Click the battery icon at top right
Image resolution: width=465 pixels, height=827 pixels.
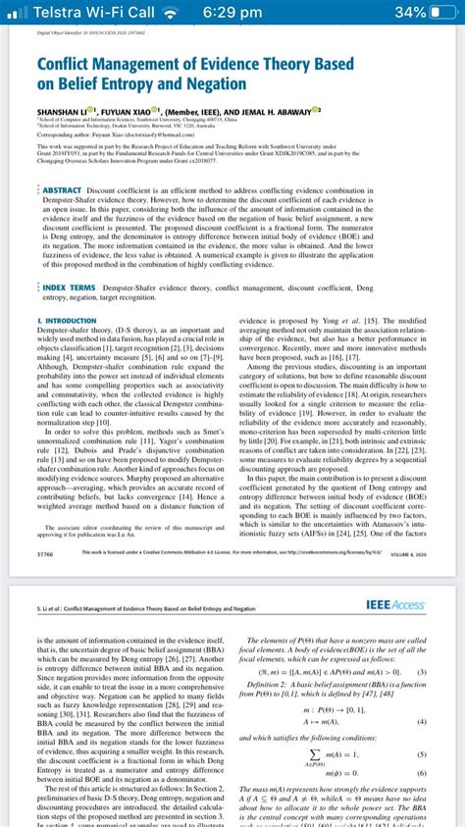click(x=442, y=13)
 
